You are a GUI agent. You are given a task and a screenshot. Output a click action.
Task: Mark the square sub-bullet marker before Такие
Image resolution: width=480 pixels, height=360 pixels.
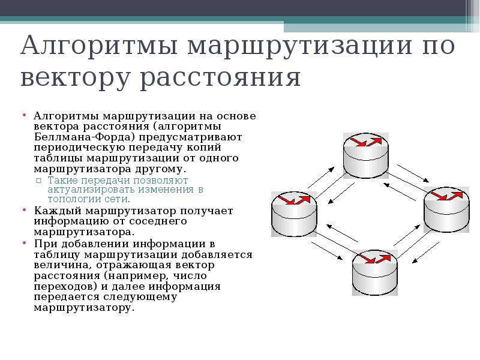[38, 181]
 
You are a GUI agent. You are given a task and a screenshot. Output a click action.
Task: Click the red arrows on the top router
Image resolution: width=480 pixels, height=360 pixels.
[366, 142]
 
